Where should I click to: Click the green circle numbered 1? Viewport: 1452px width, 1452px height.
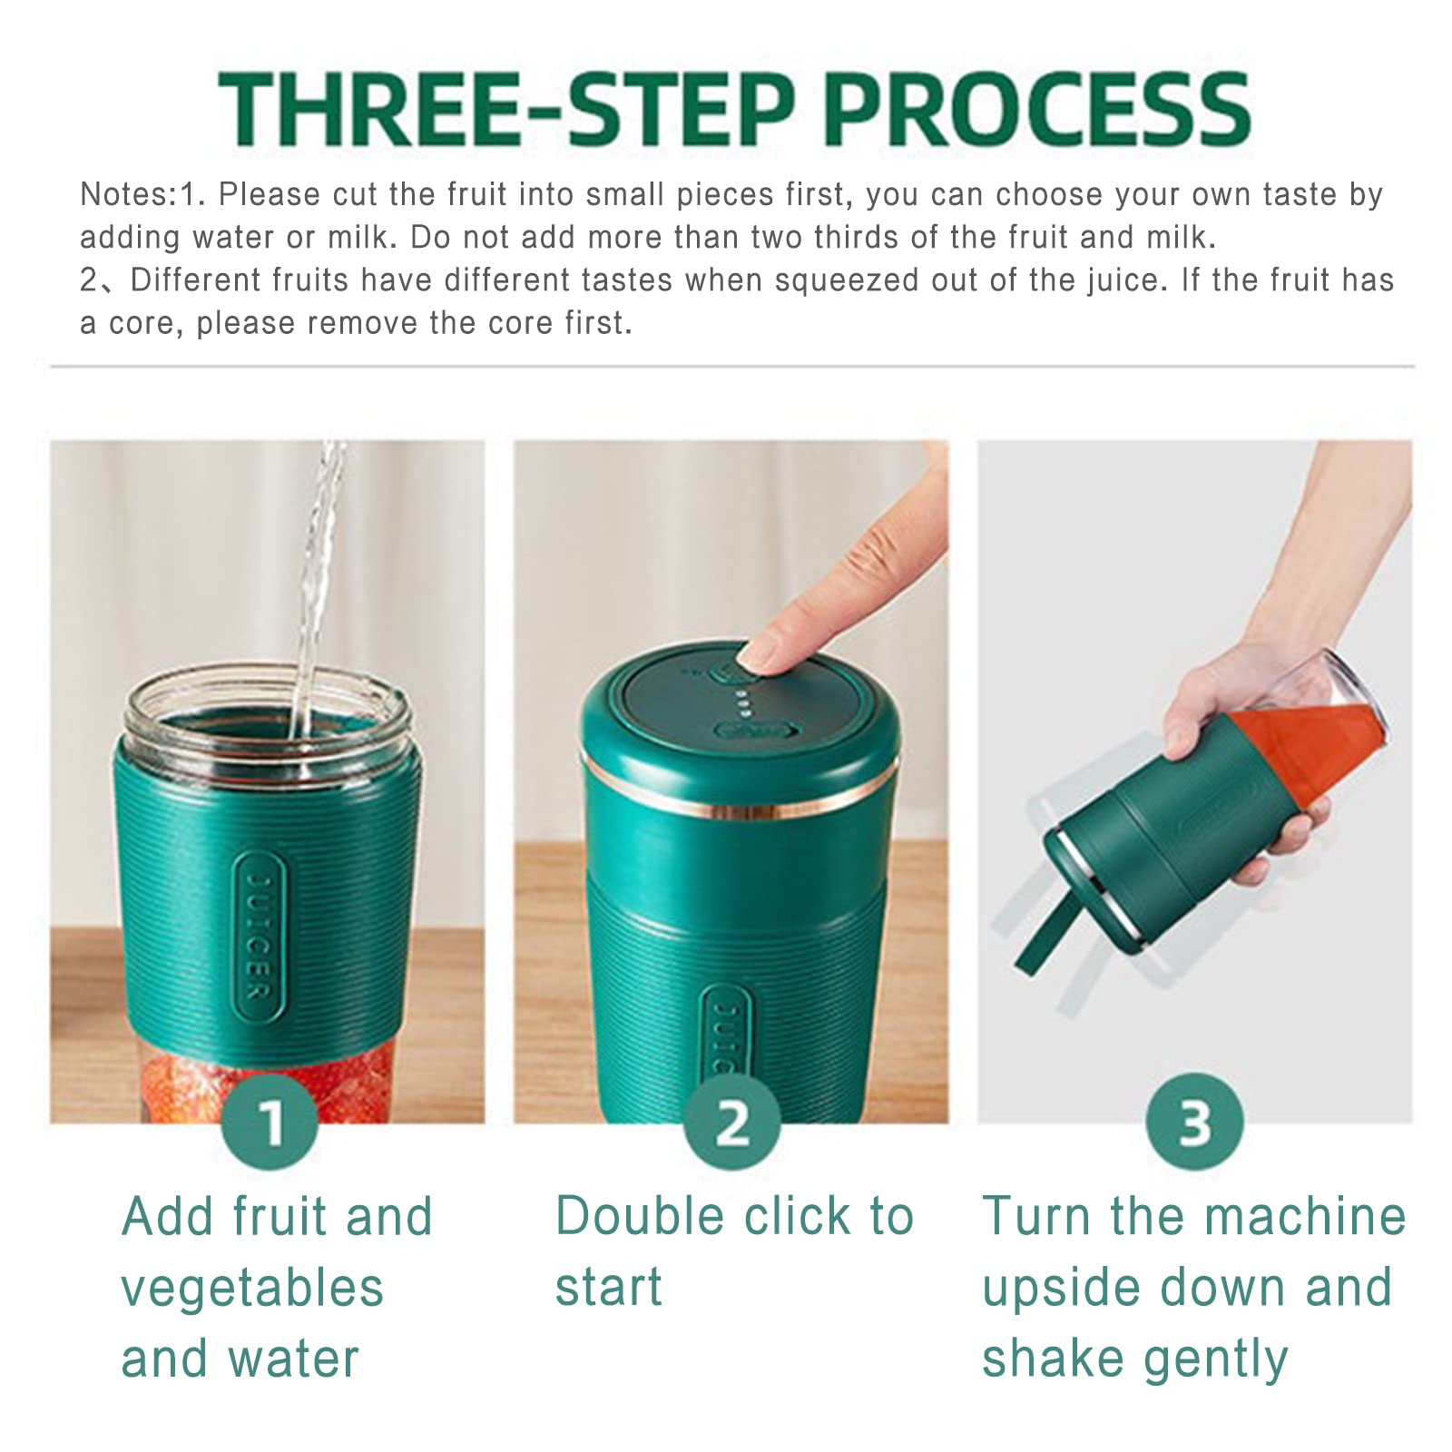coord(270,1122)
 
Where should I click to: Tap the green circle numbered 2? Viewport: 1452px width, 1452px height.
coord(732,1122)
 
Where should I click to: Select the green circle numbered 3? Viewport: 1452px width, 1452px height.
coord(1195,1122)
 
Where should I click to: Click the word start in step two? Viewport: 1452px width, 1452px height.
coord(609,1289)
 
